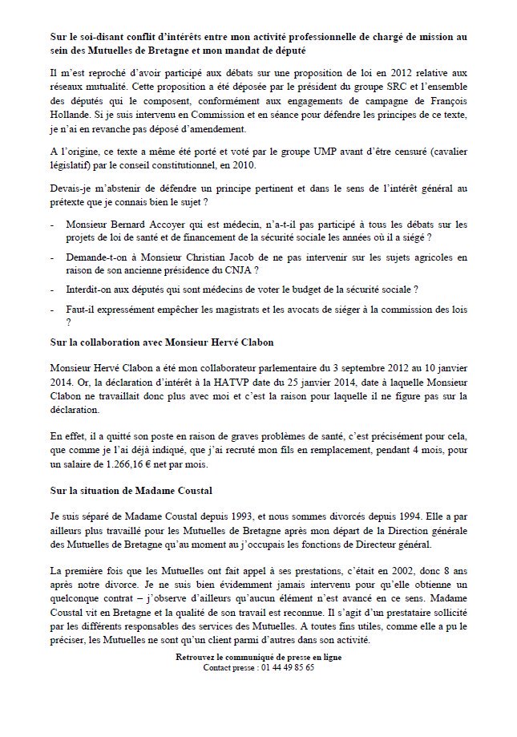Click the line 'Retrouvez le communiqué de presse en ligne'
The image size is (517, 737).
tap(257, 657)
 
